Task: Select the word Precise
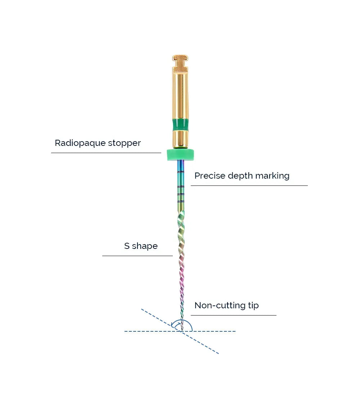tap(208, 176)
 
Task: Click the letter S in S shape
tap(127, 246)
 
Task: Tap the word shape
tap(145, 246)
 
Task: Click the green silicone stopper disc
tap(180, 155)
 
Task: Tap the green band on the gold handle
tap(180, 125)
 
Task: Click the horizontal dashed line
tap(216, 331)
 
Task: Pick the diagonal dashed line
tap(205, 346)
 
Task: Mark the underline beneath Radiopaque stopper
tap(106, 153)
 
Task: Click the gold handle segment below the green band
tap(180, 139)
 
